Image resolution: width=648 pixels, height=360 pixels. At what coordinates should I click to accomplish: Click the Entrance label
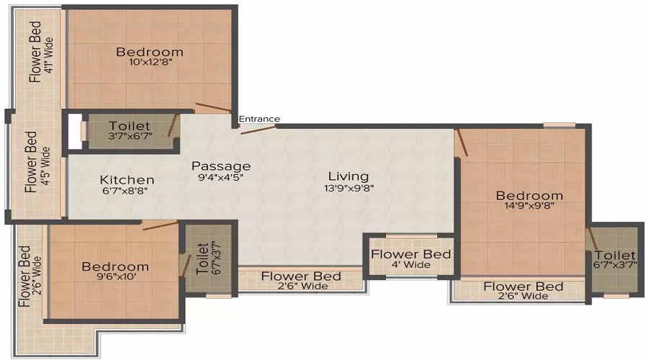click(x=259, y=119)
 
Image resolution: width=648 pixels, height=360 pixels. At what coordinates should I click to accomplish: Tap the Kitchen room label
click(x=127, y=180)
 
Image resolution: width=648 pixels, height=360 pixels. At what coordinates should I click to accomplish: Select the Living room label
click(x=348, y=176)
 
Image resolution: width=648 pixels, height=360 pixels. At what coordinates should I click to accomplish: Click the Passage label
click(x=221, y=166)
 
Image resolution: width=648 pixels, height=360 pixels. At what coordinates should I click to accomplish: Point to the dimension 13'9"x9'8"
click(x=348, y=189)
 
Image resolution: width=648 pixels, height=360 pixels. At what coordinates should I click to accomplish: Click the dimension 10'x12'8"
click(x=150, y=63)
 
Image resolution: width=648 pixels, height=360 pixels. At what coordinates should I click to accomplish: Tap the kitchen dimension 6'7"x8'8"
click(x=127, y=192)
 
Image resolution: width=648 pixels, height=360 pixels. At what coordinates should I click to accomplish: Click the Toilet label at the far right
click(x=616, y=256)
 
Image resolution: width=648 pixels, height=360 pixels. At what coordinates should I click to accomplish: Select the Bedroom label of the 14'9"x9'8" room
click(x=529, y=195)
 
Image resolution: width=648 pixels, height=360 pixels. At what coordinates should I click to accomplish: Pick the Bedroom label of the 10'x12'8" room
click(x=150, y=52)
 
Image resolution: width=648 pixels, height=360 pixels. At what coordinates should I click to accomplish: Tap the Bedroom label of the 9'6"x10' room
click(x=115, y=266)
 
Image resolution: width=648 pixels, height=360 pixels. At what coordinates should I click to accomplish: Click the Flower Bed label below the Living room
click(x=301, y=276)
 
